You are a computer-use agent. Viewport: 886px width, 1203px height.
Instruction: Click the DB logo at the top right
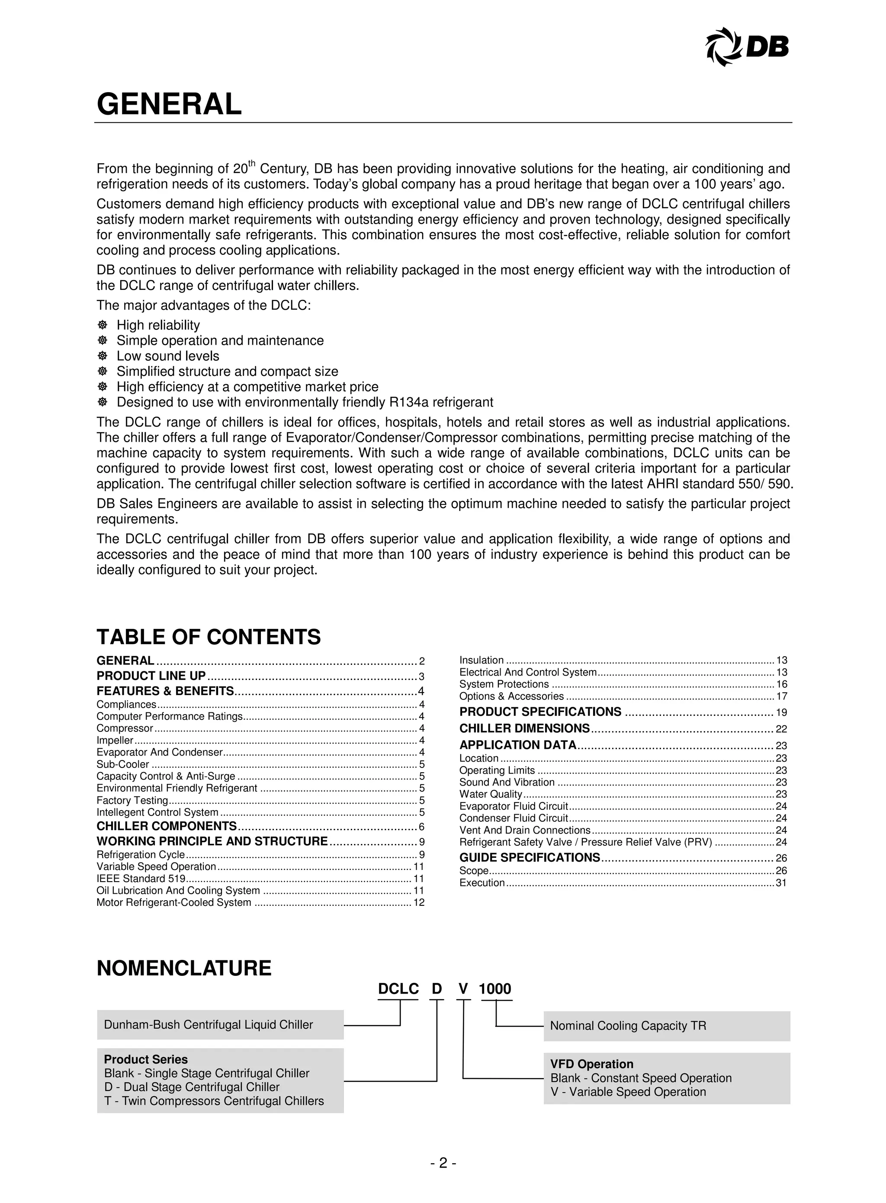click(x=748, y=47)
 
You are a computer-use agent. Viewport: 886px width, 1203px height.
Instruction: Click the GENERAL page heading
click(x=169, y=104)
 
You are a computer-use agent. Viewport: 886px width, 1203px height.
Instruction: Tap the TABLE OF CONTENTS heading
click(x=209, y=637)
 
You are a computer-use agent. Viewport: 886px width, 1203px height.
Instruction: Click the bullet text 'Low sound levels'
click(x=168, y=356)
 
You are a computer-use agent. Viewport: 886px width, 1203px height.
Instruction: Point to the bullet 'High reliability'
click(x=158, y=325)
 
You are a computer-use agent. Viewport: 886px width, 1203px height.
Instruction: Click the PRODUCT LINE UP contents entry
click(x=151, y=676)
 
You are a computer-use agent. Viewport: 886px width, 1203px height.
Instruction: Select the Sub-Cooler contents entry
click(x=123, y=764)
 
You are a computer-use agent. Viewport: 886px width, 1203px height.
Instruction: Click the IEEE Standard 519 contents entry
click(x=141, y=879)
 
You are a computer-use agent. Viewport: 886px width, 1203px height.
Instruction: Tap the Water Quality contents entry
click(x=490, y=794)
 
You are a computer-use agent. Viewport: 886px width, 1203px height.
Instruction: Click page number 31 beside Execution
click(x=781, y=883)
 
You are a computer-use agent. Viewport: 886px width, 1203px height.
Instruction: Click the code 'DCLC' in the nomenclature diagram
click(x=398, y=989)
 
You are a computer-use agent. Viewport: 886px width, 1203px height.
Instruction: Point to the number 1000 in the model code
click(x=494, y=989)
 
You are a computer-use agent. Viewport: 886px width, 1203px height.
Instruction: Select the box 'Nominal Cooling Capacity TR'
click(x=666, y=1026)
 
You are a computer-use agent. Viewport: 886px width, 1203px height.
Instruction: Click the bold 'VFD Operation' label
click(x=591, y=1064)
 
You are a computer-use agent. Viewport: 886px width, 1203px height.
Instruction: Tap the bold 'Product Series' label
click(x=146, y=1059)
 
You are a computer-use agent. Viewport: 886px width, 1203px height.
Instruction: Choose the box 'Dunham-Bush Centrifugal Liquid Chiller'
click(x=220, y=1025)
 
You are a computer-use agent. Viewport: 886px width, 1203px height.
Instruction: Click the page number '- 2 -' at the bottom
click(x=443, y=1163)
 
